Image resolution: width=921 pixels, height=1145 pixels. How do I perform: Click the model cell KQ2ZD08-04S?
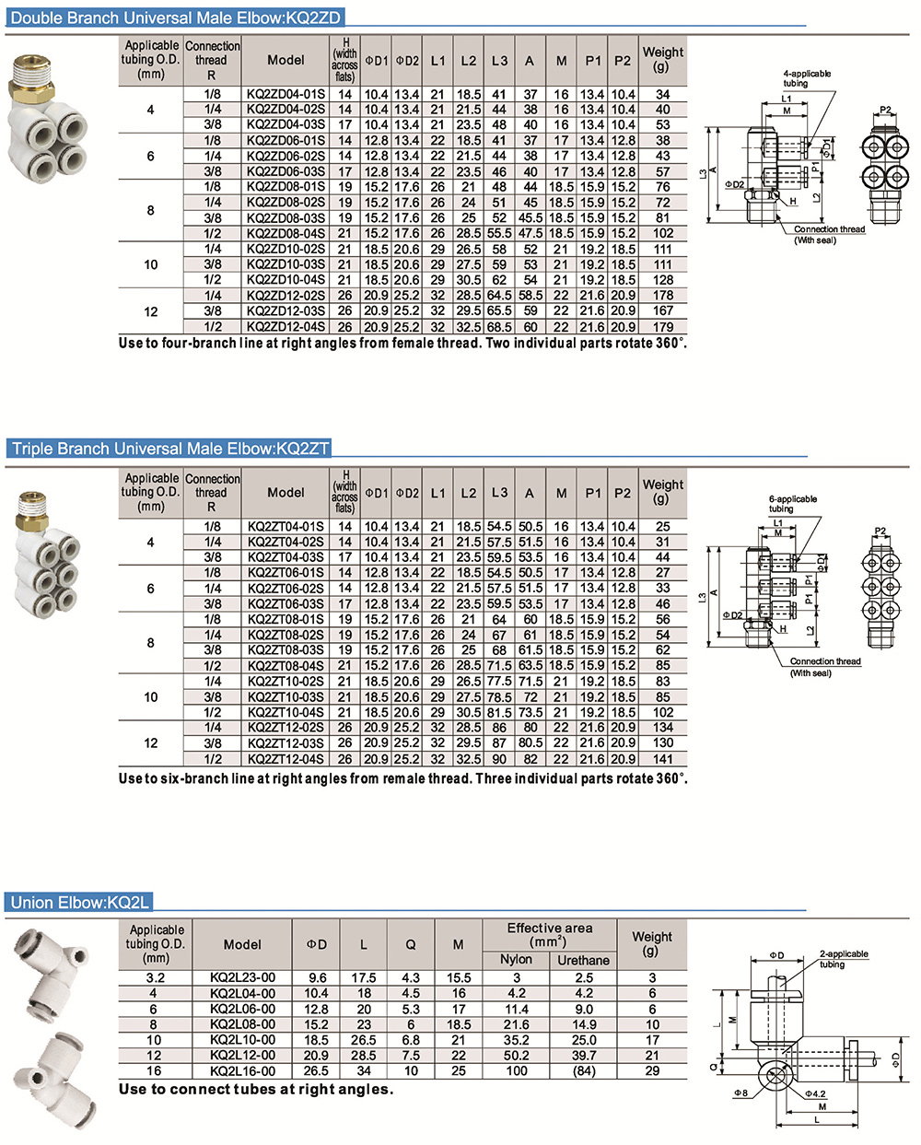pyautogui.click(x=286, y=233)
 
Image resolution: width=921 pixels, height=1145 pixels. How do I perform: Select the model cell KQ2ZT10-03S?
pyautogui.click(x=286, y=697)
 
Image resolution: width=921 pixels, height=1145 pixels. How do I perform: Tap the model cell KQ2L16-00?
pyautogui.click(x=242, y=1071)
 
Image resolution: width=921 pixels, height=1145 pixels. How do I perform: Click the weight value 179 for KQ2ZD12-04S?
pyautogui.click(x=662, y=327)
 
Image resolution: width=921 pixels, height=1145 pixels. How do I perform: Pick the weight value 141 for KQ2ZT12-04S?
pyautogui.click(x=662, y=759)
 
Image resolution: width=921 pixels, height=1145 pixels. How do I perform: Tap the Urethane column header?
pyautogui.click(x=583, y=960)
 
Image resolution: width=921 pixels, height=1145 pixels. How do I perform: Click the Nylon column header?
pyautogui.click(x=516, y=959)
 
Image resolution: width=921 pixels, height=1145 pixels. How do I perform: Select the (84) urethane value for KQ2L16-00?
pyautogui.click(x=583, y=1071)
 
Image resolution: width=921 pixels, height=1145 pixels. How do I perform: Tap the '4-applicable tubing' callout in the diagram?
pyautogui.click(x=807, y=78)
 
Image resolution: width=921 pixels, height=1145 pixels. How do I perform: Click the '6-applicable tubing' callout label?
pyautogui.click(x=792, y=504)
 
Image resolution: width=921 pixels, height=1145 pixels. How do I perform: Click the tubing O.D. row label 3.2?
pyautogui.click(x=156, y=977)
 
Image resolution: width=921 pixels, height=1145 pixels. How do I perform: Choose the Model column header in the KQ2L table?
pyautogui.click(x=242, y=944)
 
